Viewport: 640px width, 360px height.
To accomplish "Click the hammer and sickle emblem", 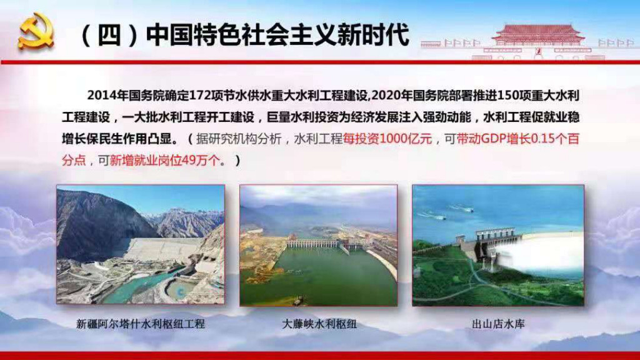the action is click(36, 31).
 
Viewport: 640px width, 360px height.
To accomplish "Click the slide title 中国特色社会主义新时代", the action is click(277, 35).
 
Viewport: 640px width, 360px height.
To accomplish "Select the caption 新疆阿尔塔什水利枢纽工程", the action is click(141, 324).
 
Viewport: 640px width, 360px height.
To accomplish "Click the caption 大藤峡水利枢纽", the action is click(319, 324).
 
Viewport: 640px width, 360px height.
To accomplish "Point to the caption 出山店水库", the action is click(498, 324).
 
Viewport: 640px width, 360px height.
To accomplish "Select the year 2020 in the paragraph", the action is click(386, 96).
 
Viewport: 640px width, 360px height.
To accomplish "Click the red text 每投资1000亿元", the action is click(387, 139).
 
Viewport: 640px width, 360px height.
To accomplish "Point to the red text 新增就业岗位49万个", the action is click(164, 161).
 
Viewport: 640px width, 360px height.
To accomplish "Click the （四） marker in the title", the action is click(109, 36).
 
